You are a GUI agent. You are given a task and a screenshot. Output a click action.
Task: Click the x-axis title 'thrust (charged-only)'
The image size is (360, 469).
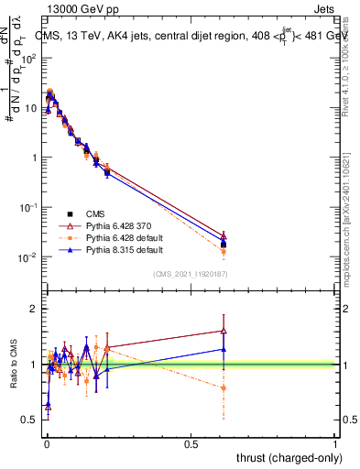click(285, 457)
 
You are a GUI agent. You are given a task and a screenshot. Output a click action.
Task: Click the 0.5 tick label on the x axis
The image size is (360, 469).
click(191, 443)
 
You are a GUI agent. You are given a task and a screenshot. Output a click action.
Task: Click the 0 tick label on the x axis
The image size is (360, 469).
click(47, 443)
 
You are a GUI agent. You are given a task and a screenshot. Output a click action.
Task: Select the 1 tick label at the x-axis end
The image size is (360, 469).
click(335, 443)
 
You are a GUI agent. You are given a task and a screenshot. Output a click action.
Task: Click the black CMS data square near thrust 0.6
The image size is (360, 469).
click(224, 244)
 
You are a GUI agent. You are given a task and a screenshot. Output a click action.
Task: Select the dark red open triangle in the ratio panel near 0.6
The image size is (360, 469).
click(224, 331)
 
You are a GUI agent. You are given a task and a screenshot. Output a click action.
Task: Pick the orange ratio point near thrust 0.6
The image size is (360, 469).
click(224, 387)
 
